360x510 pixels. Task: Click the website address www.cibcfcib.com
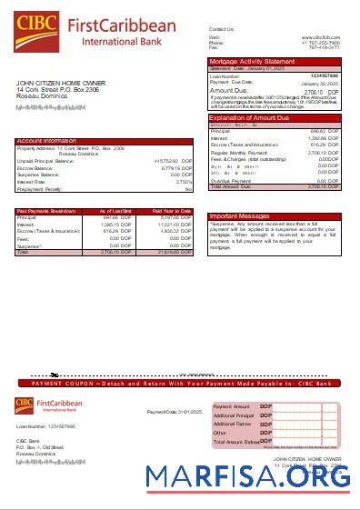point(321,37)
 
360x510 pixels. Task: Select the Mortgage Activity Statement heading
point(250,61)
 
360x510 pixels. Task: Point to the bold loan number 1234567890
point(325,75)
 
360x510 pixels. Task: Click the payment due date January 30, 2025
point(320,82)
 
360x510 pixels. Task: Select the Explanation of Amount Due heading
point(249,118)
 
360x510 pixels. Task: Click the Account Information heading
point(47,141)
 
